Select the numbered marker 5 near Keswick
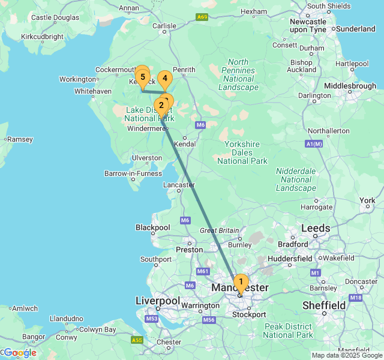point(143,77)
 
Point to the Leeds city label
point(316,228)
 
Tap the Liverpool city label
point(158,301)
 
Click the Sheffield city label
point(323,305)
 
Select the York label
point(367,200)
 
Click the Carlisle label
point(164,26)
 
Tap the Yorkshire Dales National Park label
point(242,152)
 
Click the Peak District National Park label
point(288,331)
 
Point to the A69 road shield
point(202,17)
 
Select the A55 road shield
point(137,340)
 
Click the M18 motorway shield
point(356,298)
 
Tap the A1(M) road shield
point(314,144)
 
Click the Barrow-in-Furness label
point(133,173)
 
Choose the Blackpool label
point(153,227)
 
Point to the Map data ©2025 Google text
point(346,355)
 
